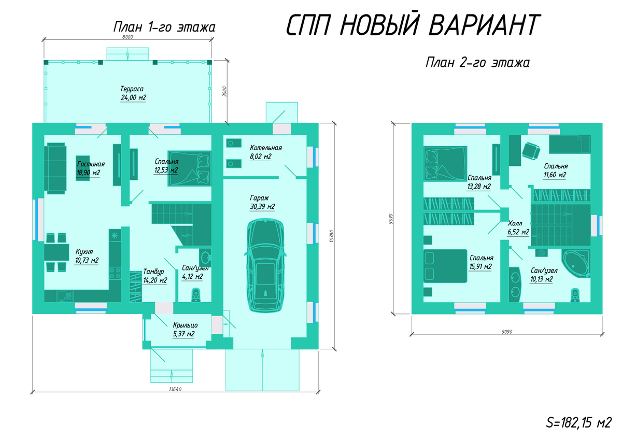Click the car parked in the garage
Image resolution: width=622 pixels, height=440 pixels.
tap(265, 265)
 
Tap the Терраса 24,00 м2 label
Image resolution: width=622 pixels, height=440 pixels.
tap(133, 93)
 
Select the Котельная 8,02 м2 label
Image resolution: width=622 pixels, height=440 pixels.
tap(266, 152)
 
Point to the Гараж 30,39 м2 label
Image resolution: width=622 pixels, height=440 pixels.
tap(262, 202)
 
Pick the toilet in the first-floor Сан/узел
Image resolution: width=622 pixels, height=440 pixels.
tap(196, 295)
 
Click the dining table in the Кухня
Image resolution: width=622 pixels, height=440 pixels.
tap(56, 252)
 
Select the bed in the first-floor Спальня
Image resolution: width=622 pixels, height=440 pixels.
tap(189, 168)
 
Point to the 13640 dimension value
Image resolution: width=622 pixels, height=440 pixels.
tap(175, 389)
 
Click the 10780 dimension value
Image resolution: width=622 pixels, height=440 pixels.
tap(332, 236)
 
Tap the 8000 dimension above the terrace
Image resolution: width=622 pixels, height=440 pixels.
tap(128, 37)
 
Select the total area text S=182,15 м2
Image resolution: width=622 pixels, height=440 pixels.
tap(578, 423)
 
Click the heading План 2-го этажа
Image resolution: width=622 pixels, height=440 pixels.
tap(477, 63)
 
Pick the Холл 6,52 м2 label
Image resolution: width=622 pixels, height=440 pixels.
tap(518, 228)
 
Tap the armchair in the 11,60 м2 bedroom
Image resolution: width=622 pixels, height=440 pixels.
tap(531, 151)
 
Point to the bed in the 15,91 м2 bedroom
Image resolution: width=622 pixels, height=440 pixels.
tap(445, 266)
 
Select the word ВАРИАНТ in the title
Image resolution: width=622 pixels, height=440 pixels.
tap(484, 24)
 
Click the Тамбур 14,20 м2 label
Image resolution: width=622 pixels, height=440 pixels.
tap(155, 276)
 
